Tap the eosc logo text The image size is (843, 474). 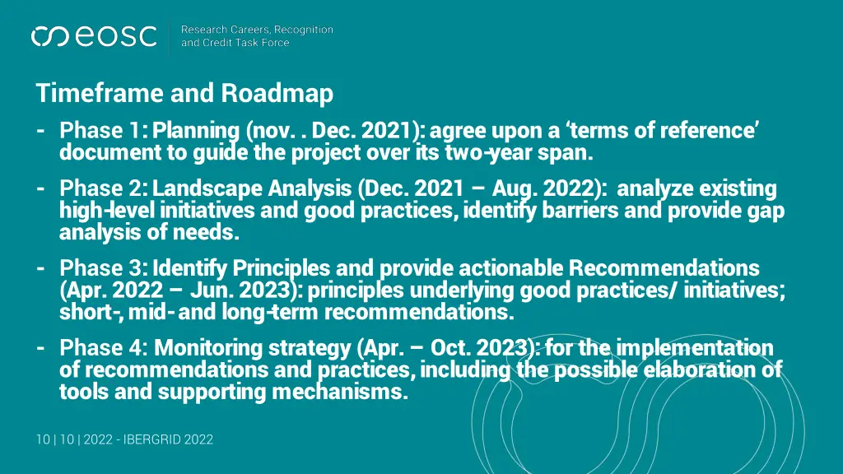[116, 36]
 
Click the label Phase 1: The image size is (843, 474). [104, 131]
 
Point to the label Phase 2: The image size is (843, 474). [104, 189]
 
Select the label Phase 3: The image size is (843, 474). [104, 268]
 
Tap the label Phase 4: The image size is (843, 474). [104, 347]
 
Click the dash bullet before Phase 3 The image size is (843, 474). [41, 268]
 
